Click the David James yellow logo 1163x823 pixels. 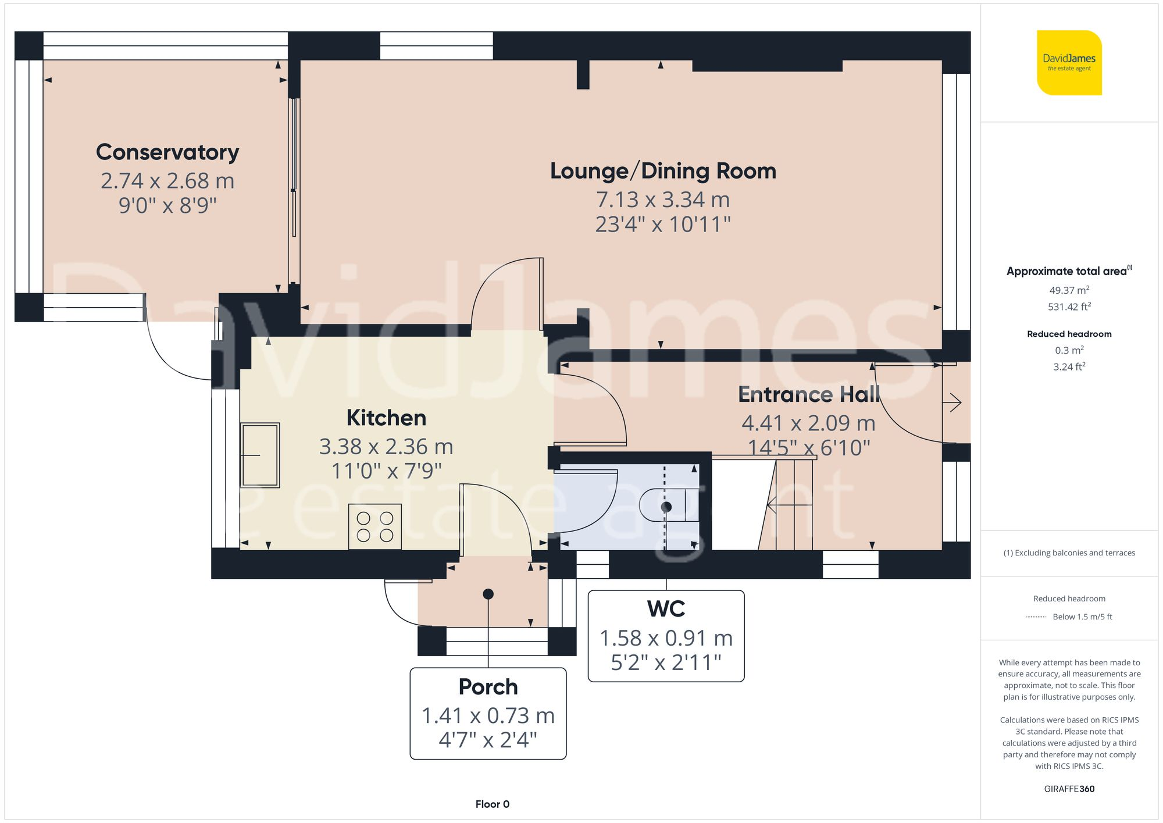[1069, 63]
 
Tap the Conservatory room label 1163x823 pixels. [167, 152]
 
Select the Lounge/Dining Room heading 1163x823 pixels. [663, 171]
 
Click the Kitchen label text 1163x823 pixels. [386, 418]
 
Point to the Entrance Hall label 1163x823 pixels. [808, 395]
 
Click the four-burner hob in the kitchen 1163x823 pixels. [374, 526]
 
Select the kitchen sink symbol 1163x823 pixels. [260, 455]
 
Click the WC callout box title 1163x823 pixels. [666, 609]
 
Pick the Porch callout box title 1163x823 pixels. [488, 687]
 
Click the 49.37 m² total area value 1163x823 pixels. [1069, 290]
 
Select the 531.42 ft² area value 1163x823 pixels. [1069, 307]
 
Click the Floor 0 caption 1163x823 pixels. [492, 804]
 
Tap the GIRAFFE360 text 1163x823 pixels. [1069, 789]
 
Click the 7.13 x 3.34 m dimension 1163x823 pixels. [663, 200]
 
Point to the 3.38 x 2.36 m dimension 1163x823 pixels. [386, 447]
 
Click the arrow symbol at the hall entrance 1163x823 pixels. [954, 402]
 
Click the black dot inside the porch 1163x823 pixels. [488, 594]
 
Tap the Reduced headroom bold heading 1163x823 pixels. [1069, 334]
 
